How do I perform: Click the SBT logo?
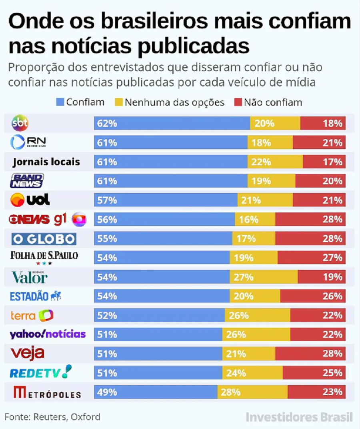click(20, 123)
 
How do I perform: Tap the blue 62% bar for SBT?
click(172, 124)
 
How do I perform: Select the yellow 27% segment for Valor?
click(264, 277)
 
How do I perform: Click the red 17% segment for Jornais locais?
click(324, 162)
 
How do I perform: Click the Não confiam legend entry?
click(268, 102)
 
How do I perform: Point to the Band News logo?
click(27, 181)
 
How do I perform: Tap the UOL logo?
click(30, 199)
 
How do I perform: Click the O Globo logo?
click(44, 239)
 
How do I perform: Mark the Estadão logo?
click(36, 297)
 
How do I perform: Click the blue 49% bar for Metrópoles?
click(156, 392)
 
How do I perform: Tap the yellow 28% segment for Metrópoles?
click(252, 392)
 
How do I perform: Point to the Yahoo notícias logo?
click(48, 334)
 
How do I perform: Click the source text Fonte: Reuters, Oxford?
click(52, 417)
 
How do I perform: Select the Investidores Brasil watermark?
click(299, 417)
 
